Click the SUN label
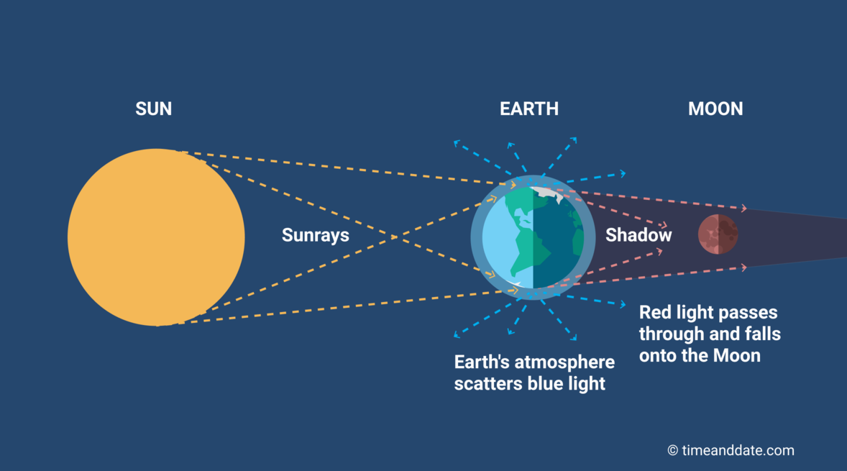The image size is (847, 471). pyautogui.click(x=153, y=109)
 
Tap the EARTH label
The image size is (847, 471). pyautogui.click(x=528, y=109)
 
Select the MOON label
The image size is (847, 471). pyautogui.click(x=715, y=109)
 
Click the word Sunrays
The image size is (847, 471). pyautogui.click(x=316, y=236)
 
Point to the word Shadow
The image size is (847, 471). pyautogui.click(x=638, y=235)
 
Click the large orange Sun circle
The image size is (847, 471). pyautogui.click(x=156, y=237)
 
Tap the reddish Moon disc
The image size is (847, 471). pyautogui.click(x=718, y=234)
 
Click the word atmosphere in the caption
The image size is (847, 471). pyautogui.click(x=562, y=362)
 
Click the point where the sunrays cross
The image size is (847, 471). pyautogui.click(x=394, y=237)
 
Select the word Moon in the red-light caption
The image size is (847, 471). pyautogui.click(x=737, y=356)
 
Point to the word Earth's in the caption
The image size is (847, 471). pyautogui.click(x=479, y=362)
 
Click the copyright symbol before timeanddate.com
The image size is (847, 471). pyautogui.click(x=672, y=450)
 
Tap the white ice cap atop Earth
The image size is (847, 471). pyautogui.click(x=546, y=193)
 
